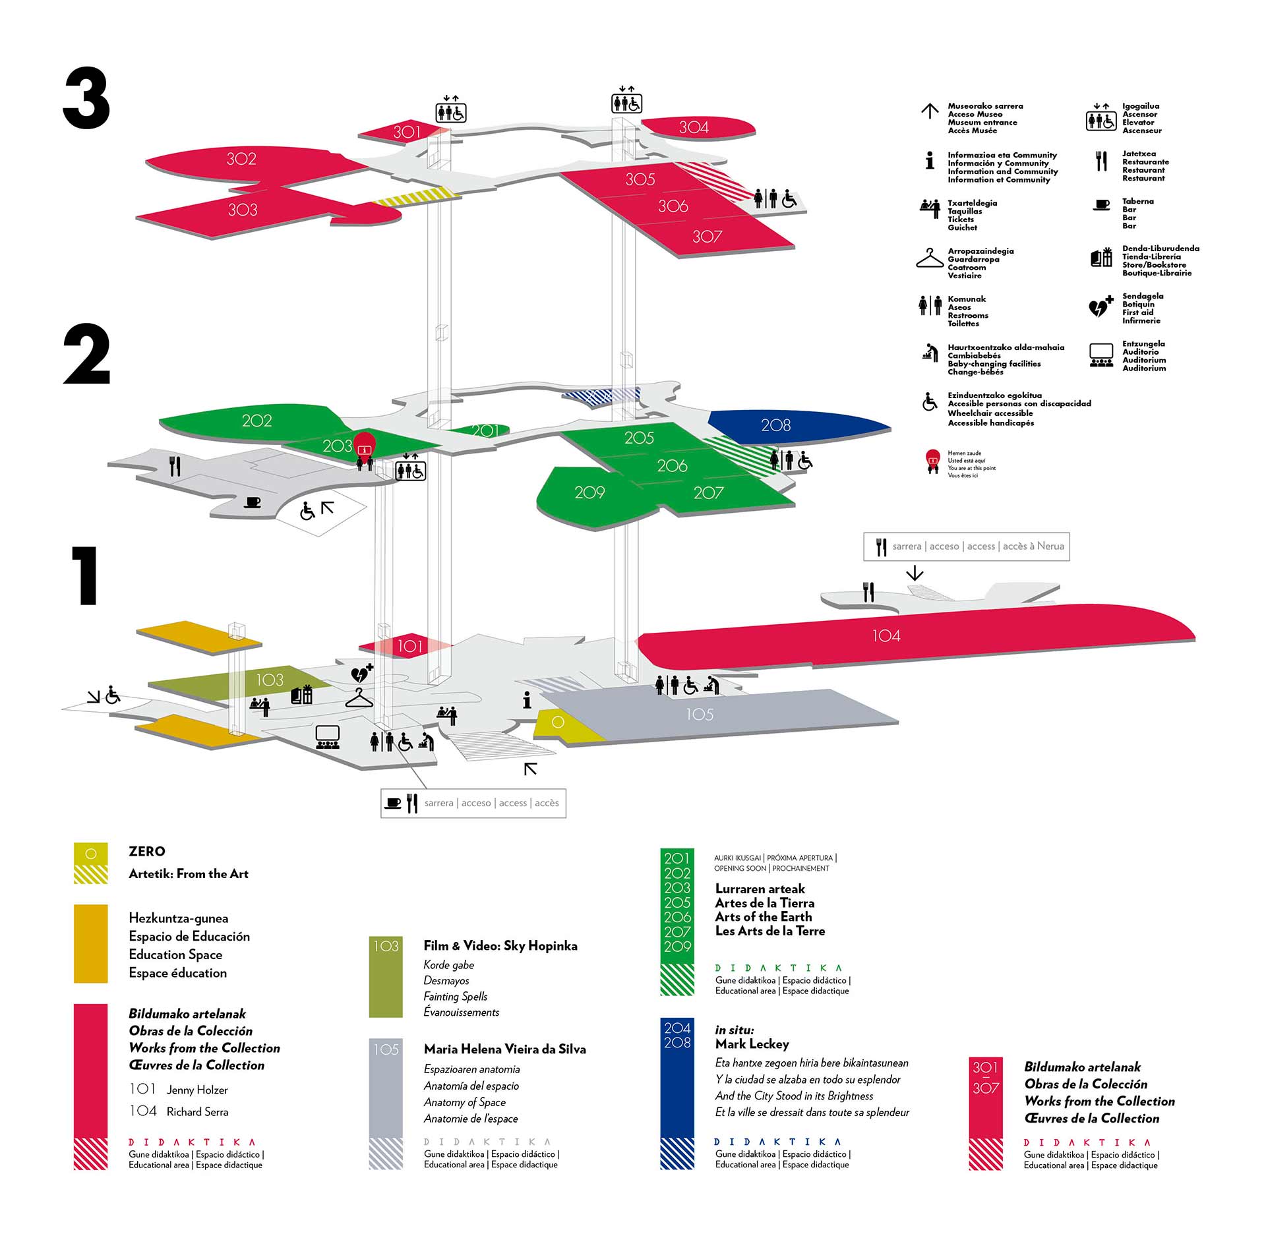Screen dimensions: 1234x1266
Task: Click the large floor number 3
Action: click(86, 98)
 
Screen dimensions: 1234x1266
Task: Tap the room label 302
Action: click(241, 159)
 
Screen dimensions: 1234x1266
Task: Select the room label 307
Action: click(708, 237)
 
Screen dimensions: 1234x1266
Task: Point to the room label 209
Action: click(589, 493)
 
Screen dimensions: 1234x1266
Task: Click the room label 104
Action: click(886, 636)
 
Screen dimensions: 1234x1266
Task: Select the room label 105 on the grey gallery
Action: click(700, 715)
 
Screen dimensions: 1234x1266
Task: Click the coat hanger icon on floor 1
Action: click(359, 698)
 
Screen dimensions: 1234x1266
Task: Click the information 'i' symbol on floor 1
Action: click(527, 700)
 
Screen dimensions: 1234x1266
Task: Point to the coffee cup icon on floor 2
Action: click(253, 502)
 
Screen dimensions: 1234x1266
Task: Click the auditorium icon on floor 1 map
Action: click(327, 737)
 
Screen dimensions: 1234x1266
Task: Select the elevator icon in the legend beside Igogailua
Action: click(1100, 118)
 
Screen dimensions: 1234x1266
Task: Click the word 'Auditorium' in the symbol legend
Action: click(1144, 360)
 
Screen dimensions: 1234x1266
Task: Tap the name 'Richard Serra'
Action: click(197, 1112)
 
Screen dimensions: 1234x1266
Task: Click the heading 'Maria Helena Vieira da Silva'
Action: click(504, 1049)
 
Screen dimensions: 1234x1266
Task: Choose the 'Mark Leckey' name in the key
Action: click(752, 1044)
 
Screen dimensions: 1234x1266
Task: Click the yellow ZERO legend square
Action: click(91, 854)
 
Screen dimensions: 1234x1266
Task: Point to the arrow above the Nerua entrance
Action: click(915, 573)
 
